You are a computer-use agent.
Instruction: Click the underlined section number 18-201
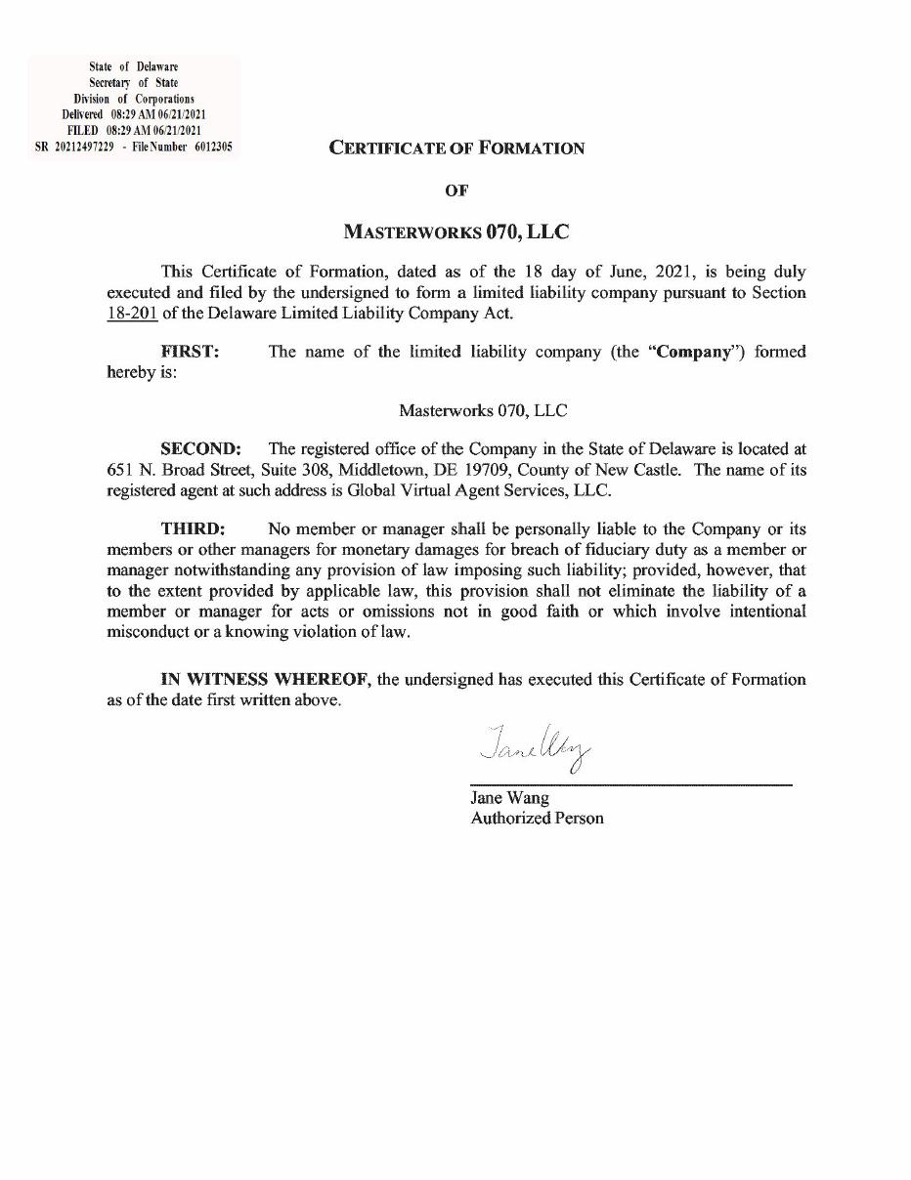pyautogui.click(x=132, y=313)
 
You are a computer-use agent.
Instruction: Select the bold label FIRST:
pyautogui.click(x=190, y=352)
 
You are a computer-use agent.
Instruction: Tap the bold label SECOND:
pyautogui.click(x=200, y=449)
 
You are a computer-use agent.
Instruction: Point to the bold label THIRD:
pyautogui.click(x=193, y=528)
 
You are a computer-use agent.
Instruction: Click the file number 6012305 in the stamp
pyautogui.click(x=212, y=146)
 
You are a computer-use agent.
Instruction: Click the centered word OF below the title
pyautogui.click(x=456, y=190)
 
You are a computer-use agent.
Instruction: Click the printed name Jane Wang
pyautogui.click(x=509, y=797)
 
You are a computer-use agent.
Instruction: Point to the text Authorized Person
pyautogui.click(x=537, y=818)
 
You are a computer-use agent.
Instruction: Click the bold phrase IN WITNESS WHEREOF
pyautogui.click(x=265, y=680)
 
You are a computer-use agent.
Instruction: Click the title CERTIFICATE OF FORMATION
pyautogui.click(x=456, y=148)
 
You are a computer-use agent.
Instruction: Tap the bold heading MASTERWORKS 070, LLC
pyautogui.click(x=456, y=232)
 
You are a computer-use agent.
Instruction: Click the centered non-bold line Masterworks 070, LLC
pyautogui.click(x=483, y=410)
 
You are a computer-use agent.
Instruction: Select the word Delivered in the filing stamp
pyautogui.click(x=83, y=114)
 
